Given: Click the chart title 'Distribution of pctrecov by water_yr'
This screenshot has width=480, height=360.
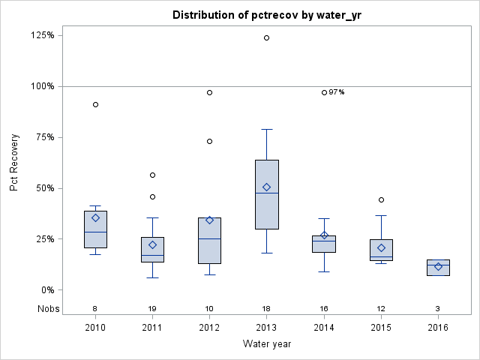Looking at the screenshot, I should coord(266,15).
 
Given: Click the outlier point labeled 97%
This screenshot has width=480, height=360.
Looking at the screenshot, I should coord(324,92).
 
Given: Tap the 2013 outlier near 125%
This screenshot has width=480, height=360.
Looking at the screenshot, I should coord(267,37).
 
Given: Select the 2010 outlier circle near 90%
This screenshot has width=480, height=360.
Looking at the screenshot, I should coord(95,104).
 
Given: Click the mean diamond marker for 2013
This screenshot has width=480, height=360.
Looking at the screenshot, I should coord(267,187).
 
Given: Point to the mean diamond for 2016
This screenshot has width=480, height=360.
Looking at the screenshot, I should coord(438,266).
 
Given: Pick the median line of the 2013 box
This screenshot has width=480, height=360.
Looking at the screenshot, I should coord(267,193).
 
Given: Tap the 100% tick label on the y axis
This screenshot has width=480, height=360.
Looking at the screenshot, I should coord(43,86).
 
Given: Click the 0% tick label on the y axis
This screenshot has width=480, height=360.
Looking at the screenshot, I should coord(47,290).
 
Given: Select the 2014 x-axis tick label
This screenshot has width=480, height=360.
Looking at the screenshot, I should coord(324,328).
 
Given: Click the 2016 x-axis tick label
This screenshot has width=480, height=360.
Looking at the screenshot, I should coord(438,328).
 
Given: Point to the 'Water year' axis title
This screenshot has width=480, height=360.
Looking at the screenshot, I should coord(266,344).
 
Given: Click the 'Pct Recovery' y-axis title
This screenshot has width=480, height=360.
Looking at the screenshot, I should coord(15,163).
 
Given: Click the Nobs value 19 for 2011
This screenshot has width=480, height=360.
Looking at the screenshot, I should coord(152,308).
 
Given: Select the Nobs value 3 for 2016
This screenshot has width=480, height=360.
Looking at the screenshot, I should coord(438,308).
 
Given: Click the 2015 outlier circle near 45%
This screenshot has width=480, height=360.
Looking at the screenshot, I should coord(381,199).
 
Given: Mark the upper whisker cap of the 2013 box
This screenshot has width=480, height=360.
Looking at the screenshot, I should coord(267,129).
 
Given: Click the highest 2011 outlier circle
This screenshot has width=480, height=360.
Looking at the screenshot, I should coord(152,175).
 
